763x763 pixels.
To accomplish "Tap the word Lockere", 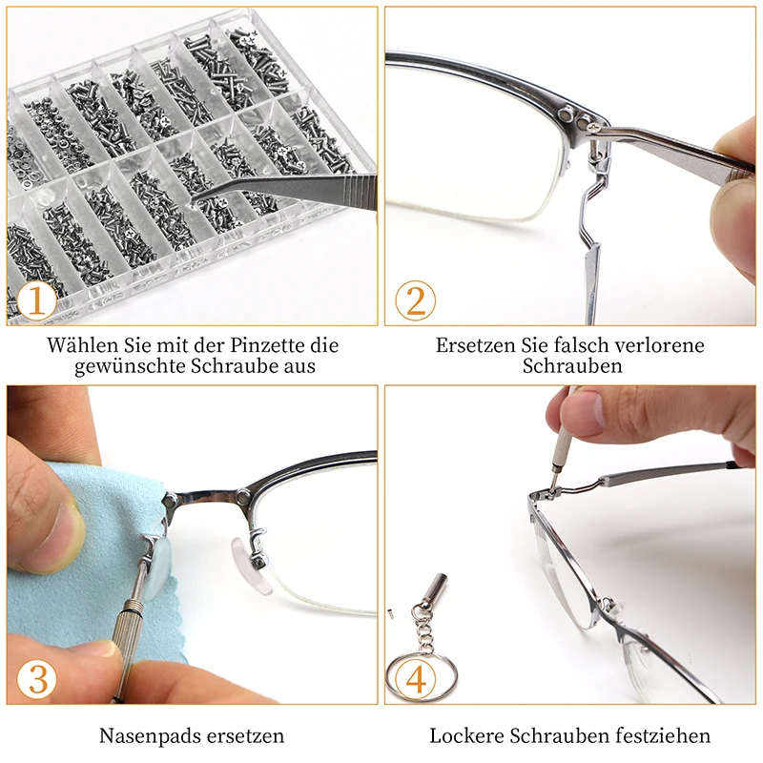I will click(466, 736).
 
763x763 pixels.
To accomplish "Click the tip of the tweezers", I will click(196, 201).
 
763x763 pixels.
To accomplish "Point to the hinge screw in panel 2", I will click(593, 122).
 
